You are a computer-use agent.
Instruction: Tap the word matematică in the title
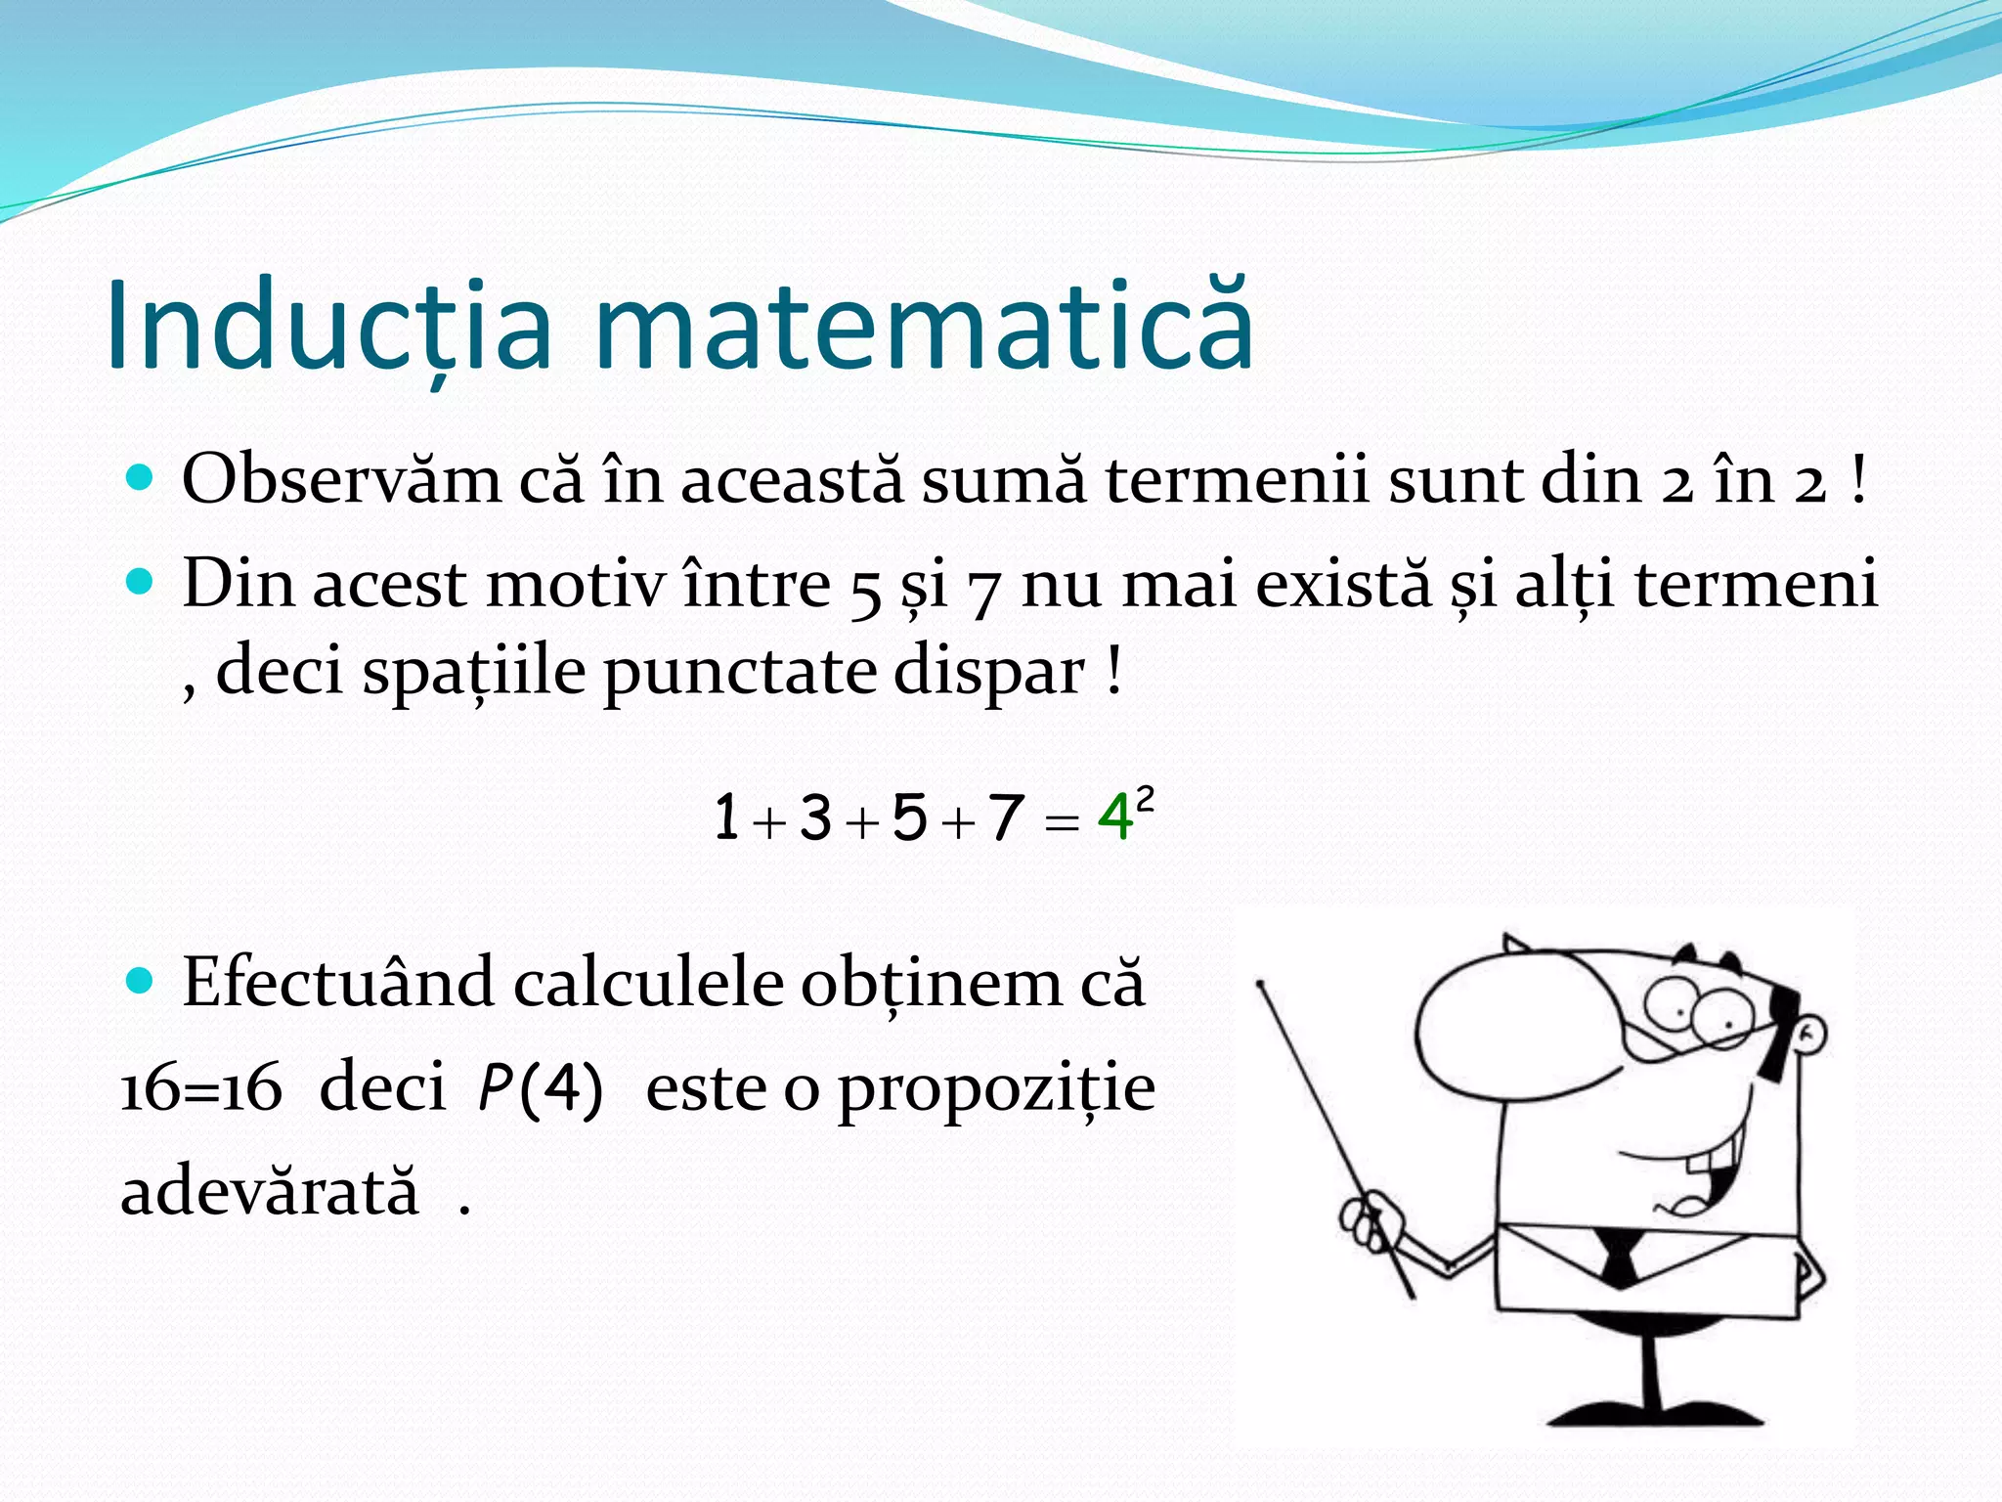click(x=923, y=327)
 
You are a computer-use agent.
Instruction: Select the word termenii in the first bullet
click(x=1238, y=480)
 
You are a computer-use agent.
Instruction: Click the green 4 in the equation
click(x=1114, y=817)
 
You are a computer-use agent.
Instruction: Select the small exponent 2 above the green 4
click(x=1145, y=799)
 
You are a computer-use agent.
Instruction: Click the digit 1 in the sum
click(x=726, y=817)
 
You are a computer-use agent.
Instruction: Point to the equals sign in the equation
click(x=1061, y=822)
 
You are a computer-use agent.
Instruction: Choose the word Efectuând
click(x=337, y=982)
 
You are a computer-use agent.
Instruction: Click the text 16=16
click(x=201, y=1087)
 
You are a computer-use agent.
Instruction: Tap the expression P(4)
click(x=540, y=1087)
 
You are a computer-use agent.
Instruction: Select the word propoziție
click(x=997, y=1089)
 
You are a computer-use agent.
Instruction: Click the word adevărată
click(x=270, y=1193)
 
